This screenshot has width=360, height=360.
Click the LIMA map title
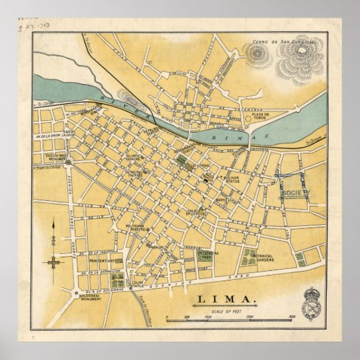coord(226,299)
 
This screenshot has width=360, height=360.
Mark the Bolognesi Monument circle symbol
coord(75,293)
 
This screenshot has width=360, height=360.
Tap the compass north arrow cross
coord(54,261)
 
